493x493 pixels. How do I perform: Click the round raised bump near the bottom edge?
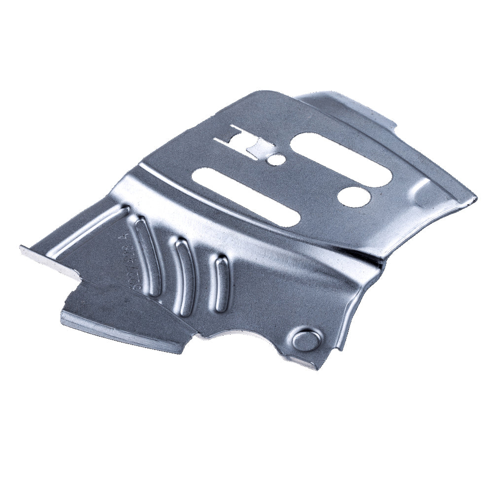pyautogui.click(x=306, y=340)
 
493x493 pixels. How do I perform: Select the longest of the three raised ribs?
pyautogui.click(x=148, y=256)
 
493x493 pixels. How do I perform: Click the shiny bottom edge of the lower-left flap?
pyautogui.click(x=123, y=335)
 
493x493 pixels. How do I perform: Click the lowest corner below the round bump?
pyautogui.click(x=316, y=368)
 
